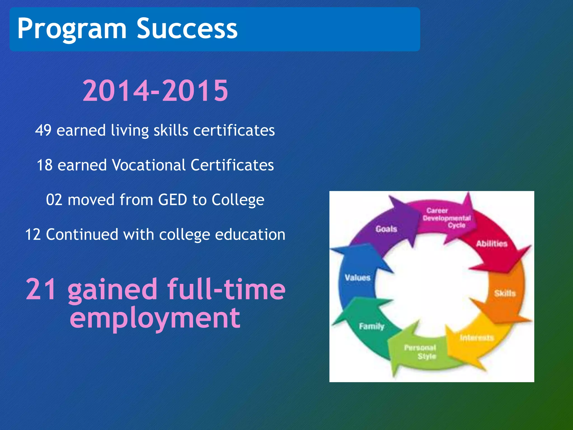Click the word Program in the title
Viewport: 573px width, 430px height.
(72, 29)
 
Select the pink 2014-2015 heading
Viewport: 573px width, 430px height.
(155, 90)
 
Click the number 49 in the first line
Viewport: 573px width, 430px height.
(43, 130)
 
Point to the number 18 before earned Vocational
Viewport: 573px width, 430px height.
(45, 165)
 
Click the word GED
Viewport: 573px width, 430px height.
(172, 200)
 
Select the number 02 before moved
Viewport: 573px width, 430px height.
(54, 200)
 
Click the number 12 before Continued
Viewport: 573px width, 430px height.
(33, 235)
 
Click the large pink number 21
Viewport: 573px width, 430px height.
(41, 289)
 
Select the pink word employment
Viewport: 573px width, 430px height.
(155, 318)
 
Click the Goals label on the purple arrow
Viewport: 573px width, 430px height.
(386, 229)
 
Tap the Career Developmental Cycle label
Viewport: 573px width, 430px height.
(447, 218)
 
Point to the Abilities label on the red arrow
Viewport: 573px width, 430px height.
(492, 244)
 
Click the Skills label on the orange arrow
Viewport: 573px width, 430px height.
(505, 293)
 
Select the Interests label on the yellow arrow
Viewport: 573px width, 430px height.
(477, 338)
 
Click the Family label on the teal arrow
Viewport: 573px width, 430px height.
(372, 326)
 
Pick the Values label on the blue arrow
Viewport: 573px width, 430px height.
(358, 277)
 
